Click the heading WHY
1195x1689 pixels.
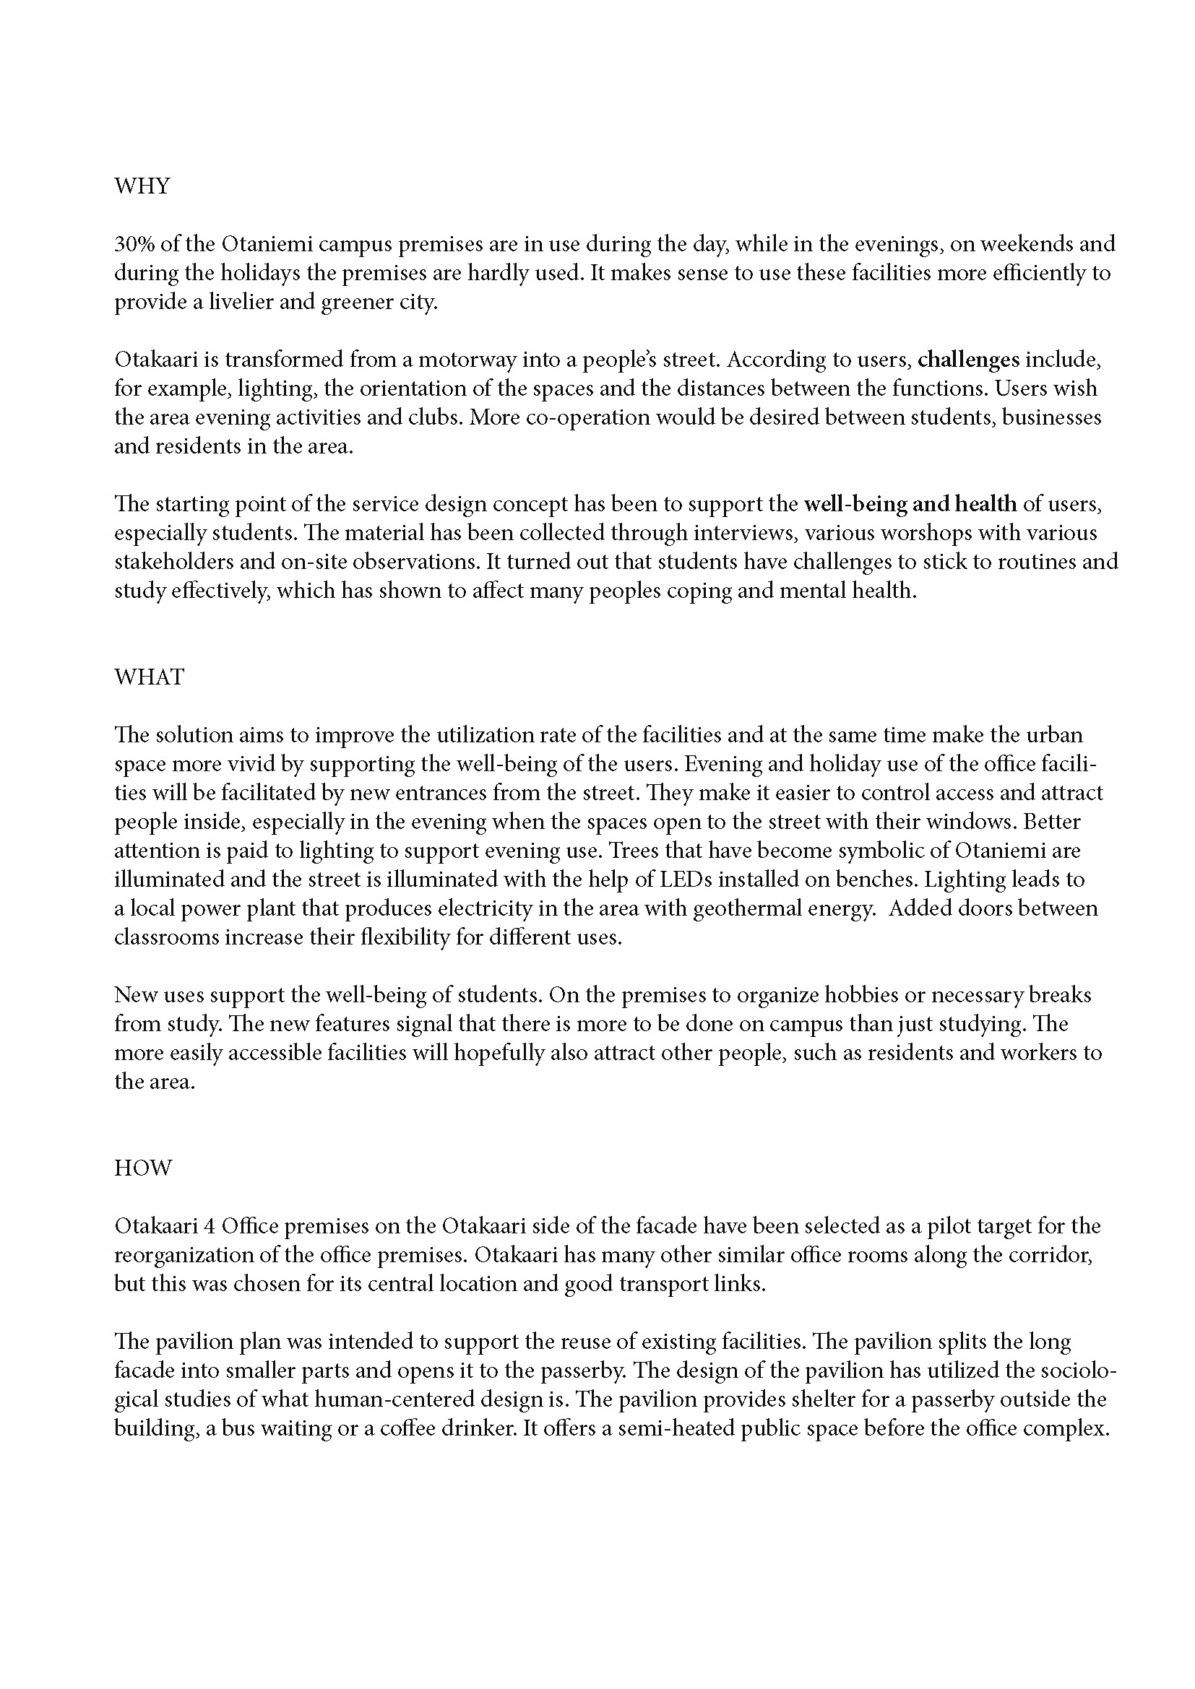tap(142, 186)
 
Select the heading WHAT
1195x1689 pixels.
tap(150, 677)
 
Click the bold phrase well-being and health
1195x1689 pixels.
tap(910, 504)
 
